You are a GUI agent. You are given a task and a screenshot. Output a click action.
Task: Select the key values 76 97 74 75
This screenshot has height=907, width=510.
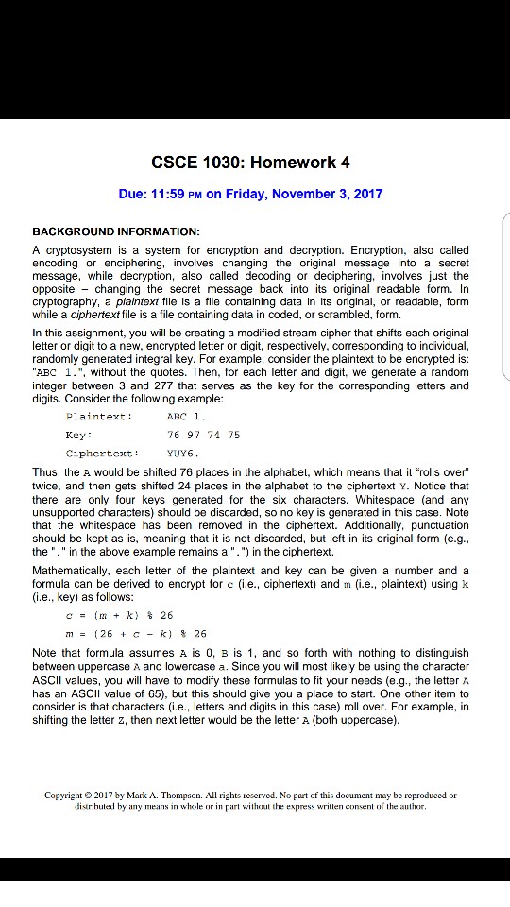tap(203, 435)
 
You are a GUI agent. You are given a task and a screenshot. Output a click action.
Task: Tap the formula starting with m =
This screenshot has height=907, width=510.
tap(114, 633)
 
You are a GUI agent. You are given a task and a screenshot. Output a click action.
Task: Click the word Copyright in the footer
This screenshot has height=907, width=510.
tap(67, 796)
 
